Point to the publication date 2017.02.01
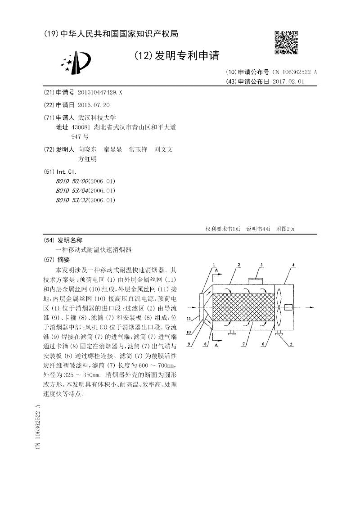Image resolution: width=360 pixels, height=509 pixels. tap(288, 81)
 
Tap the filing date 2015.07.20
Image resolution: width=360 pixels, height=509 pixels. tap(94, 104)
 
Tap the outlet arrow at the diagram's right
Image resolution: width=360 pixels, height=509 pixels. tap(310, 307)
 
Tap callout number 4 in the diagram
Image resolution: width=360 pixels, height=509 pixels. tap(293, 265)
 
